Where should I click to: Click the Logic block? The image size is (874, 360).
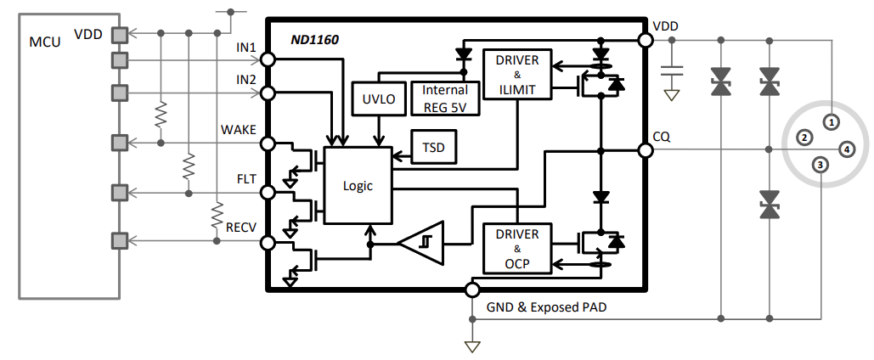click(358, 184)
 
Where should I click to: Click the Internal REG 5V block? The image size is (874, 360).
click(445, 98)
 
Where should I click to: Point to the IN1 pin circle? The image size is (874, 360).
click(268, 59)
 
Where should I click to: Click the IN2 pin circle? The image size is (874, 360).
click(268, 93)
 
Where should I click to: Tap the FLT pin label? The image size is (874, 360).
click(245, 179)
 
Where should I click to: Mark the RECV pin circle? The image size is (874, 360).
click(268, 244)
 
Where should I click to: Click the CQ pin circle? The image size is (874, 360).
click(645, 150)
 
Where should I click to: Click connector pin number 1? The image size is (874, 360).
click(832, 121)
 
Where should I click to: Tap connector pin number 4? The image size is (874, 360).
click(846, 150)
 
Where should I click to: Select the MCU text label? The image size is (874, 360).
click(45, 42)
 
